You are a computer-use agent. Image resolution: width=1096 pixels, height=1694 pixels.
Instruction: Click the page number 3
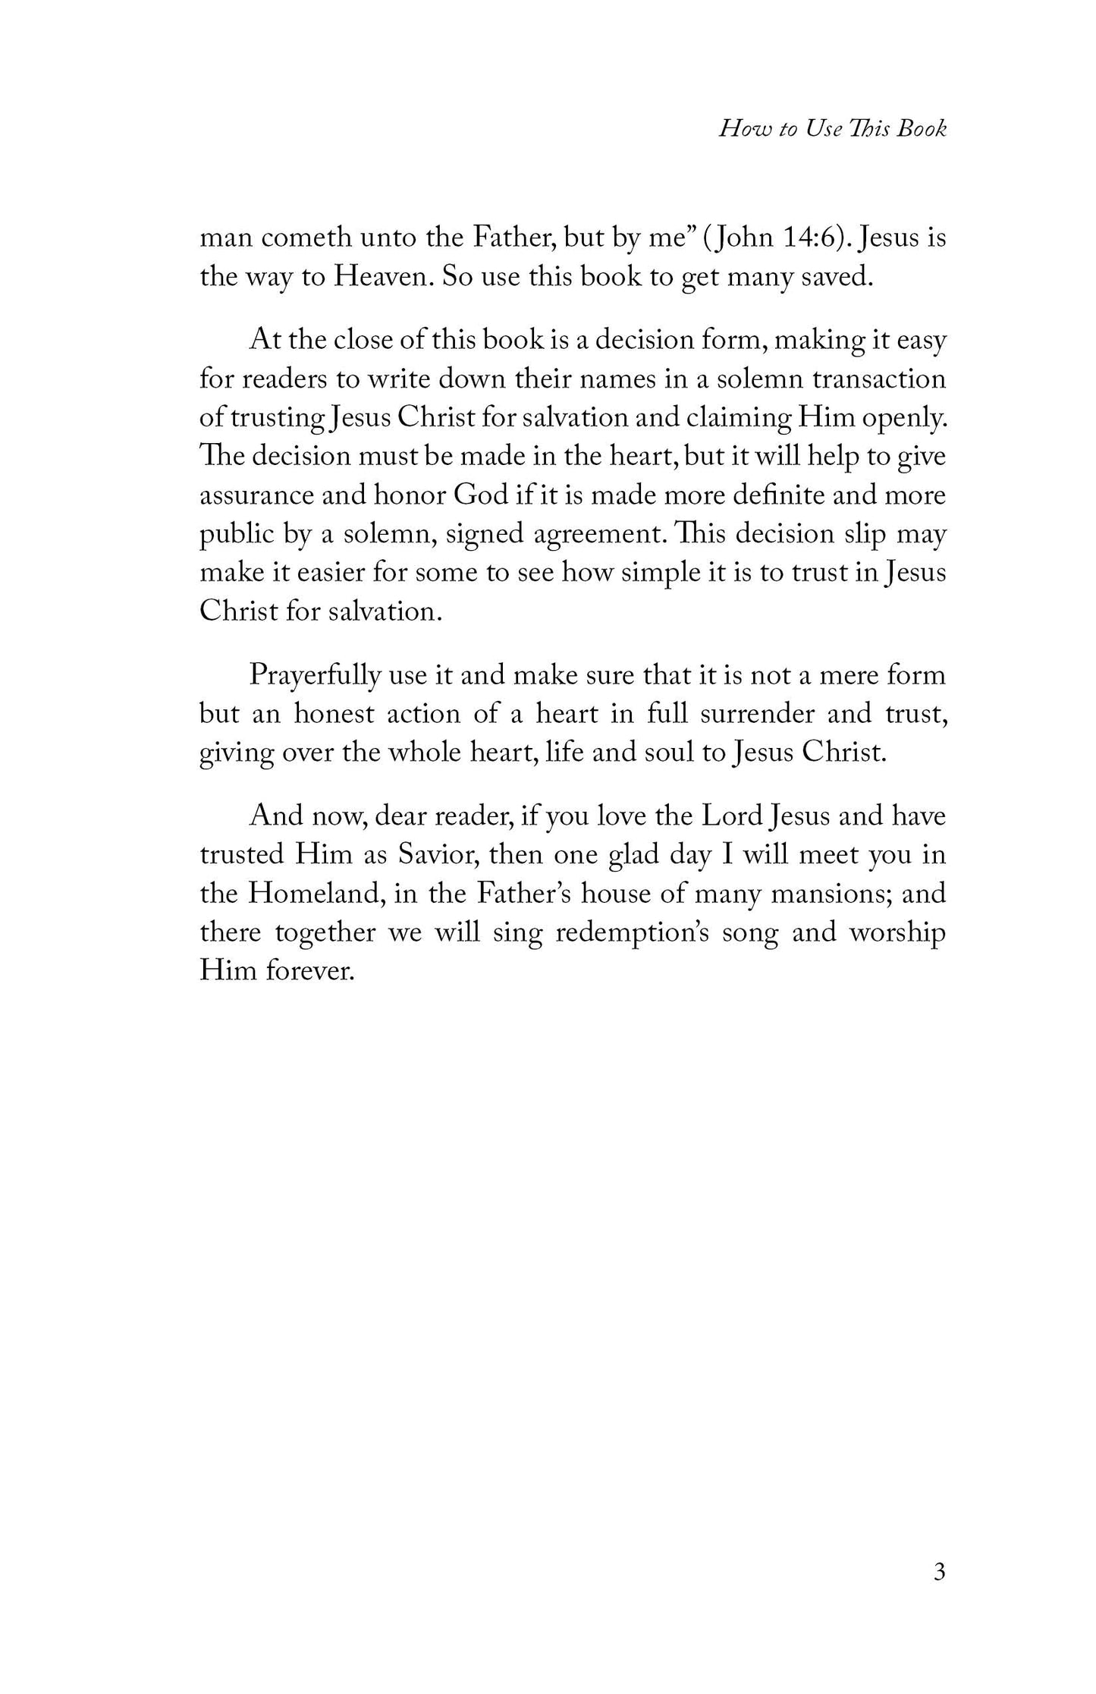coord(939,1573)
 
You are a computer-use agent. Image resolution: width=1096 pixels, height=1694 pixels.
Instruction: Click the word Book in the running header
coord(921,129)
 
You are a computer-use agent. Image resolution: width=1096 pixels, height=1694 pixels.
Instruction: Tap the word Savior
coord(432,855)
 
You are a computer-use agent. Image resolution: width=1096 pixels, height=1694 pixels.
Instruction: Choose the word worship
coord(897,932)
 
